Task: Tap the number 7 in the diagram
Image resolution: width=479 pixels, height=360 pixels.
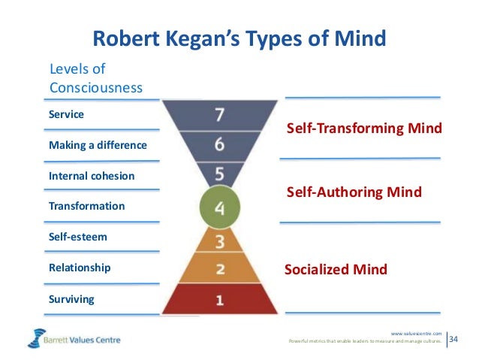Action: (218, 115)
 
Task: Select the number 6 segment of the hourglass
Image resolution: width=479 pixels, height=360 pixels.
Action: (218, 144)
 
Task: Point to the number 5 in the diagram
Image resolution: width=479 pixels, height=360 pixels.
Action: (218, 174)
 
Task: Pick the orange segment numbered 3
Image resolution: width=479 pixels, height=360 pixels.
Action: (218, 242)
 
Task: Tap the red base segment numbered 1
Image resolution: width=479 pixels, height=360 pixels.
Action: (218, 300)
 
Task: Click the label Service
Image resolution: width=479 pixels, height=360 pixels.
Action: (66, 115)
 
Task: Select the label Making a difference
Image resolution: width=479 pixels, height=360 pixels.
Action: (98, 145)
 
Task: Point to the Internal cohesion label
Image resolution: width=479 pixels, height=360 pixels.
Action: (92, 176)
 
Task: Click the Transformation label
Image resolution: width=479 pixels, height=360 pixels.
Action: (86, 206)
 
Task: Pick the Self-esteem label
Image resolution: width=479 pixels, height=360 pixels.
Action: (77, 237)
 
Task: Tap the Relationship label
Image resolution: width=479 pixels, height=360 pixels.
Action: (80, 268)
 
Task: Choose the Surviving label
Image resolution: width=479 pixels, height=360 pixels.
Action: (71, 299)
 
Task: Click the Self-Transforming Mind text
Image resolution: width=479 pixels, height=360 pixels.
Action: (365, 129)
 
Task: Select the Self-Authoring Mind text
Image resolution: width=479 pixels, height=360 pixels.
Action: (354, 193)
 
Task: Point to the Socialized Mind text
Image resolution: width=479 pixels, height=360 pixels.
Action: (336, 269)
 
